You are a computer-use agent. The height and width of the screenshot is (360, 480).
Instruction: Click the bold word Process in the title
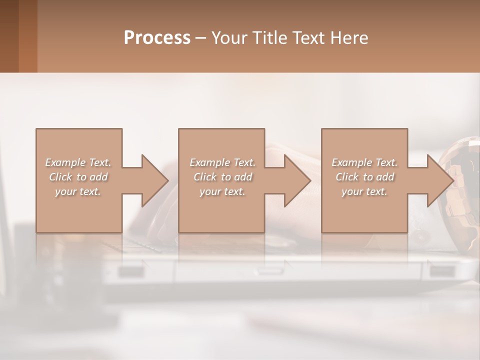(x=157, y=38)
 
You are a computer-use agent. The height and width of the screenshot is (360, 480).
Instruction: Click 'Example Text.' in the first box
(x=78, y=162)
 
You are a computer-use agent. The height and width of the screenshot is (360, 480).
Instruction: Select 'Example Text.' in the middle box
(x=222, y=162)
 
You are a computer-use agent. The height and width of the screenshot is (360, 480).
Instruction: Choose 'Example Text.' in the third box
(x=364, y=162)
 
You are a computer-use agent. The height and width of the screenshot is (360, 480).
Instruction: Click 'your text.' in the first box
(x=78, y=191)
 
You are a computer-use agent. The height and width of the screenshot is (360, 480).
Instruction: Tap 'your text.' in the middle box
(x=222, y=191)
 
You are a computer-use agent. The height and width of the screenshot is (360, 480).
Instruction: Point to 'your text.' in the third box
(x=364, y=191)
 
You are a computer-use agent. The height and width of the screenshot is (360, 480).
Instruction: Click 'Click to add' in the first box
(x=78, y=177)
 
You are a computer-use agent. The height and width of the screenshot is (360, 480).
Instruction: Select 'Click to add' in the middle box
(x=222, y=177)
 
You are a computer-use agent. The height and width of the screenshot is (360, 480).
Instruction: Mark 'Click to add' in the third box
(x=364, y=177)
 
